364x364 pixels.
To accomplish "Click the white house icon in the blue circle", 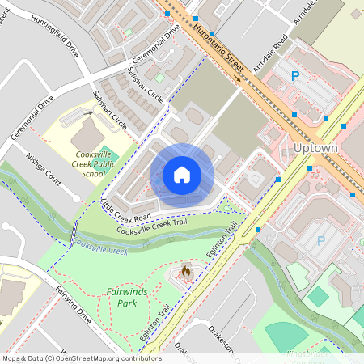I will pyautogui.click(x=182, y=175).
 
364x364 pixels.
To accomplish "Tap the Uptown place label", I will pyautogui.click(x=314, y=149).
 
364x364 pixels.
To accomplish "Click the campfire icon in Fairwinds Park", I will pyautogui.click(x=186, y=272).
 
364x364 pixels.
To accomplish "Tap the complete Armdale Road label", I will pyautogui.click(x=266, y=54).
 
